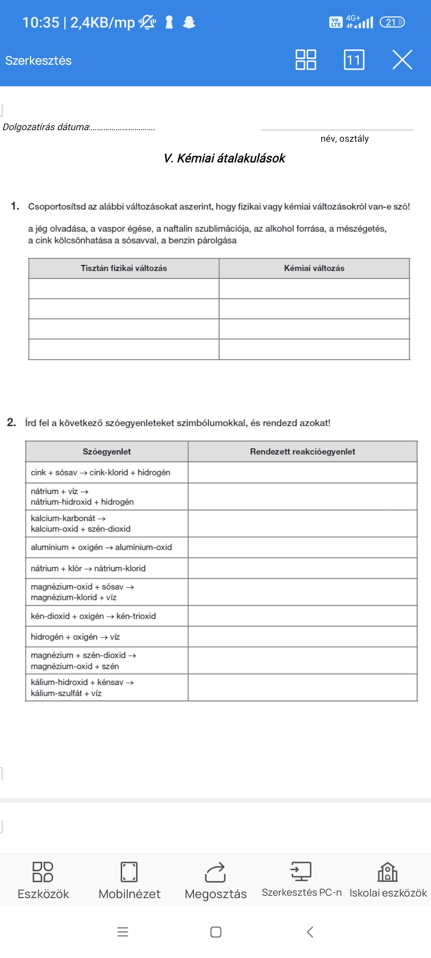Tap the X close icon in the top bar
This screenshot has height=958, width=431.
pyautogui.click(x=402, y=60)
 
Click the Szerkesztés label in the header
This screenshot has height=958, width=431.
pyautogui.click(x=38, y=61)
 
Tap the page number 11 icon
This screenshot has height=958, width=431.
pyautogui.click(x=354, y=60)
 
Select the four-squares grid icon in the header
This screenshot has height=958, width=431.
pyautogui.click(x=306, y=60)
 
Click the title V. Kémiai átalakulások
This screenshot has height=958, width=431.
pyautogui.click(x=224, y=158)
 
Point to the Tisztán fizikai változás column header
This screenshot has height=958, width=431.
pyautogui.click(x=124, y=268)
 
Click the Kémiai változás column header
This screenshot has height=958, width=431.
pyautogui.click(x=314, y=268)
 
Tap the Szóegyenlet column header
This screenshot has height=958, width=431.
pyautogui.click(x=107, y=451)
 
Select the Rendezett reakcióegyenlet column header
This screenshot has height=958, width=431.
pyautogui.click(x=302, y=451)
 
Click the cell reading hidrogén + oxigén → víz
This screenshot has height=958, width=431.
pyautogui.click(x=75, y=637)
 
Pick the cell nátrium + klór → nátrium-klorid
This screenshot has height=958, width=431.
pyautogui.click(x=88, y=568)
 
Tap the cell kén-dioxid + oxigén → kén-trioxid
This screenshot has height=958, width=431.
pyautogui.click(x=93, y=616)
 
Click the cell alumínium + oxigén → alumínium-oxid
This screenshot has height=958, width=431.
pyautogui.click(x=101, y=547)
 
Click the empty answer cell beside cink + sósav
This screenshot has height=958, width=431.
pyautogui.click(x=302, y=473)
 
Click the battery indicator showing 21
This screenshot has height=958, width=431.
pyautogui.click(x=392, y=22)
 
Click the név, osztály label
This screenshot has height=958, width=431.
pyautogui.click(x=344, y=139)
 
